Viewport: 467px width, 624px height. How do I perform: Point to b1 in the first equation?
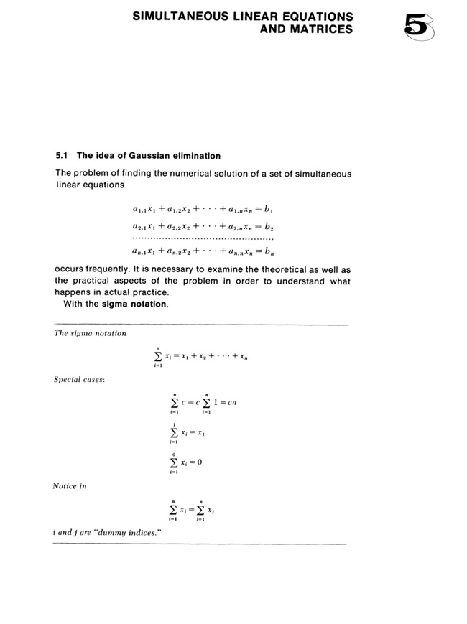[x=269, y=210]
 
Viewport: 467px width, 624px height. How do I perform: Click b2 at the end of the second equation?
[x=269, y=226]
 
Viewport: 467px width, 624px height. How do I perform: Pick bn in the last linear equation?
[x=269, y=252]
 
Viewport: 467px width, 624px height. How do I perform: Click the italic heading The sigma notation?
[x=91, y=333]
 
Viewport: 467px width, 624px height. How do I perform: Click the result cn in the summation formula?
[x=232, y=403]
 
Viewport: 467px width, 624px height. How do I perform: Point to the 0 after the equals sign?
[x=199, y=462]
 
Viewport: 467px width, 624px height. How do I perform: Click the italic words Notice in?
[x=70, y=486]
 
